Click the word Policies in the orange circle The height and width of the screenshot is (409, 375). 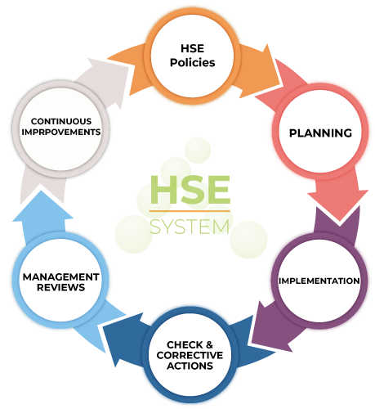click(x=193, y=63)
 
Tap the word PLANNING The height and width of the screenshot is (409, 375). click(x=320, y=133)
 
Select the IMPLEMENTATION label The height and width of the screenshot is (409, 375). click(x=319, y=281)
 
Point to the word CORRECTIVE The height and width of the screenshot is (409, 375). click(x=190, y=355)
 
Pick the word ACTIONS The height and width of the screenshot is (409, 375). click(x=190, y=366)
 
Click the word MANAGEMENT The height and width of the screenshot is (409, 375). click(x=61, y=277)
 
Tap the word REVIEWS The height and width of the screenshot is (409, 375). click(x=61, y=287)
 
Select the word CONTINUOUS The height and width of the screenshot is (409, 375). click(x=61, y=121)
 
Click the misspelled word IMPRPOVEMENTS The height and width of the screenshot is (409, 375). click(x=61, y=132)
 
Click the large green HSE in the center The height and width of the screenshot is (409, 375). click(x=190, y=190)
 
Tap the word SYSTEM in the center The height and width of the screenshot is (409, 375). click(x=190, y=227)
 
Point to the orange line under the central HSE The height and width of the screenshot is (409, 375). click(x=190, y=211)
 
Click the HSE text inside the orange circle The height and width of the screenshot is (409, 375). click(x=193, y=48)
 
